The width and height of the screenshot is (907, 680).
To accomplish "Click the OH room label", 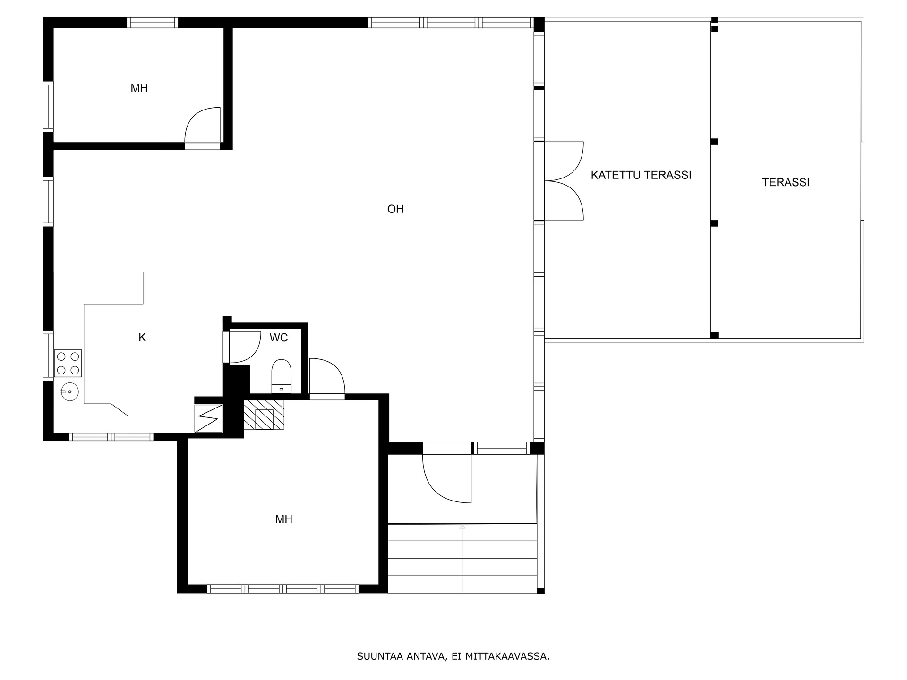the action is click(395, 209).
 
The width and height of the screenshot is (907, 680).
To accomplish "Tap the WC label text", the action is click(279, 338).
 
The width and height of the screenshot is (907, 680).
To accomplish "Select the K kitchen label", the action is click(142, 338).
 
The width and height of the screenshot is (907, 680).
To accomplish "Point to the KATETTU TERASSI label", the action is click(641, 175).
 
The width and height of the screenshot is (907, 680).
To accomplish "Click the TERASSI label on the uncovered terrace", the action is click(786, 182).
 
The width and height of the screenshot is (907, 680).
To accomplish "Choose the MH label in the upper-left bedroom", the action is click(139, 88).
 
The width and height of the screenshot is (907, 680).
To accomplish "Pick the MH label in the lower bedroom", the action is click(284, 519).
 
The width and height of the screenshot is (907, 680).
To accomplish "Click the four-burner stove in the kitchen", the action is click(68, 363).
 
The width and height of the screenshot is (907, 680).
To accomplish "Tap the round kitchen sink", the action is click(69, 391).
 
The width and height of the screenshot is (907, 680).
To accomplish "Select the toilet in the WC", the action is click(282, 376).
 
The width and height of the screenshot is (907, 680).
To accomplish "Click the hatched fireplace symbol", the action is click(264, 415).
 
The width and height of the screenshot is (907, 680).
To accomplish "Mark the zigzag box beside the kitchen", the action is click(208, 418).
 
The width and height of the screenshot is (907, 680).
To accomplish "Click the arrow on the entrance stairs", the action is click(462, 558).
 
